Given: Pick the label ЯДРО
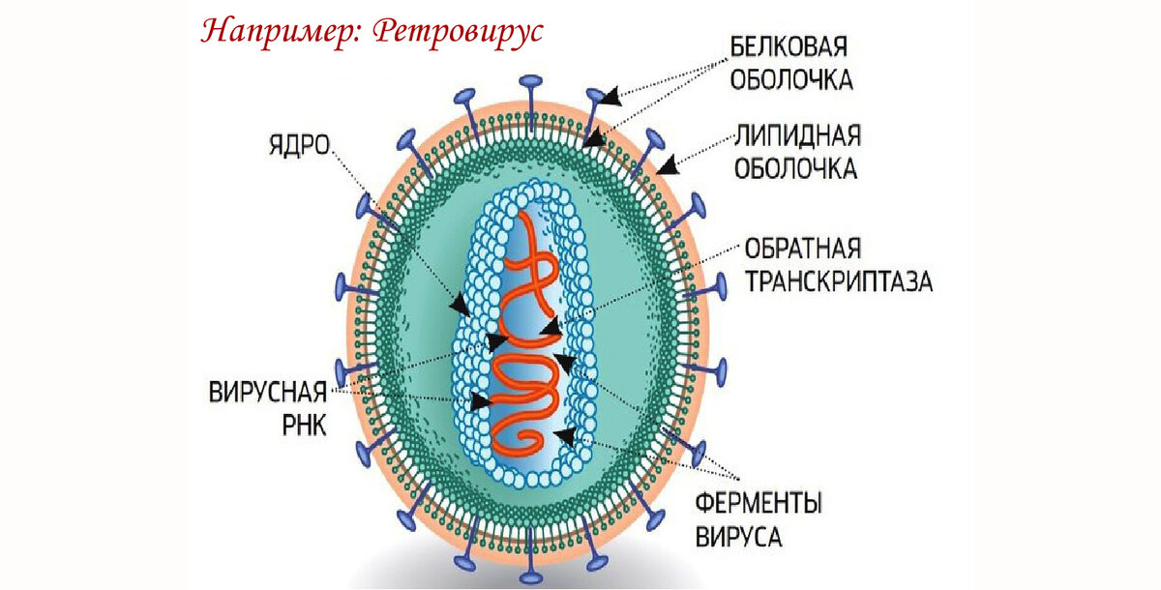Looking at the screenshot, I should click(299, 146).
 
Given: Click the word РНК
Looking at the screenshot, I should click(306, 426).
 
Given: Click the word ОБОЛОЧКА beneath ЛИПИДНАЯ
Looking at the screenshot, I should click(796, 167).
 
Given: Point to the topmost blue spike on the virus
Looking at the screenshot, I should click(529, 84).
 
